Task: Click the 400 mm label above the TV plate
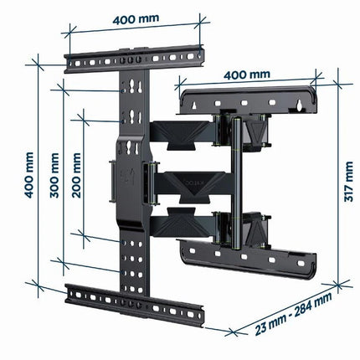pos(136,19)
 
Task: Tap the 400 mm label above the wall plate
pos(247,75)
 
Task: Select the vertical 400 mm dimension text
pos(29,175)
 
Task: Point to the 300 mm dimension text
pos(54,176)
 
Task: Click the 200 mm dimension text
pos(76,176)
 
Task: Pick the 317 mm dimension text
pos(348,182)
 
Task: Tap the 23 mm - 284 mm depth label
pos(294,313)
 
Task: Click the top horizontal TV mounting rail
pos(134,59)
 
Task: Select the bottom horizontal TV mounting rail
pos(135,305)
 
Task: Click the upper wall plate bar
pos(248,100)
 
